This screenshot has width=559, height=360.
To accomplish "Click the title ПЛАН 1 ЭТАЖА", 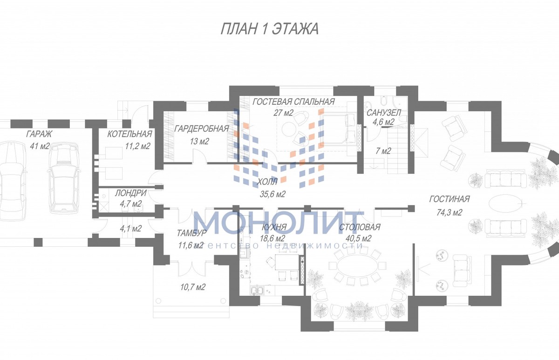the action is (x=269, y=29).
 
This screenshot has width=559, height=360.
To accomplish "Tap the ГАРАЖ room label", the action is (x=39, y=134).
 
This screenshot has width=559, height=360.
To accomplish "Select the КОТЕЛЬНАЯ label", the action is (x=130, y=134).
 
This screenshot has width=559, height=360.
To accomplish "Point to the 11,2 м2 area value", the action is (x=137, y=146).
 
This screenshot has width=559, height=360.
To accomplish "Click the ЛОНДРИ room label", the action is (x=130, y=193).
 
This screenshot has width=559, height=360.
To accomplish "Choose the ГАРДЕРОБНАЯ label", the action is (x=201, y=129).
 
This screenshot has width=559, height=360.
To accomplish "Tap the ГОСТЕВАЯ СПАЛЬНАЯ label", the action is (x=293, y=102).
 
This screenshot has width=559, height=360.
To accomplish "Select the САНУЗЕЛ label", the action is (x=383, y=113).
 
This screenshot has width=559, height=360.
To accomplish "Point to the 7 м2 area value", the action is (x=383, y=151).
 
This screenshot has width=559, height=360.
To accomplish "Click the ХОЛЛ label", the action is (x=267, y=182).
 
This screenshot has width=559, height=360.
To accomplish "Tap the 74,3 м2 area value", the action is (x=450, y=212).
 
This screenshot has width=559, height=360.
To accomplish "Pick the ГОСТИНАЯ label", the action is (x=450, y=199).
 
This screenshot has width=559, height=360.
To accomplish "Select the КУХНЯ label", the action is (x=274, y=227).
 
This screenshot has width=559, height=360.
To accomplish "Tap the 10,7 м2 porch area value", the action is (x=193, y=287).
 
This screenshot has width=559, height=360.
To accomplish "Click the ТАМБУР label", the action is (x=191, y=233).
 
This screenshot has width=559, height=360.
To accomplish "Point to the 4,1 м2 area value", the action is (x=130, y=228).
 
